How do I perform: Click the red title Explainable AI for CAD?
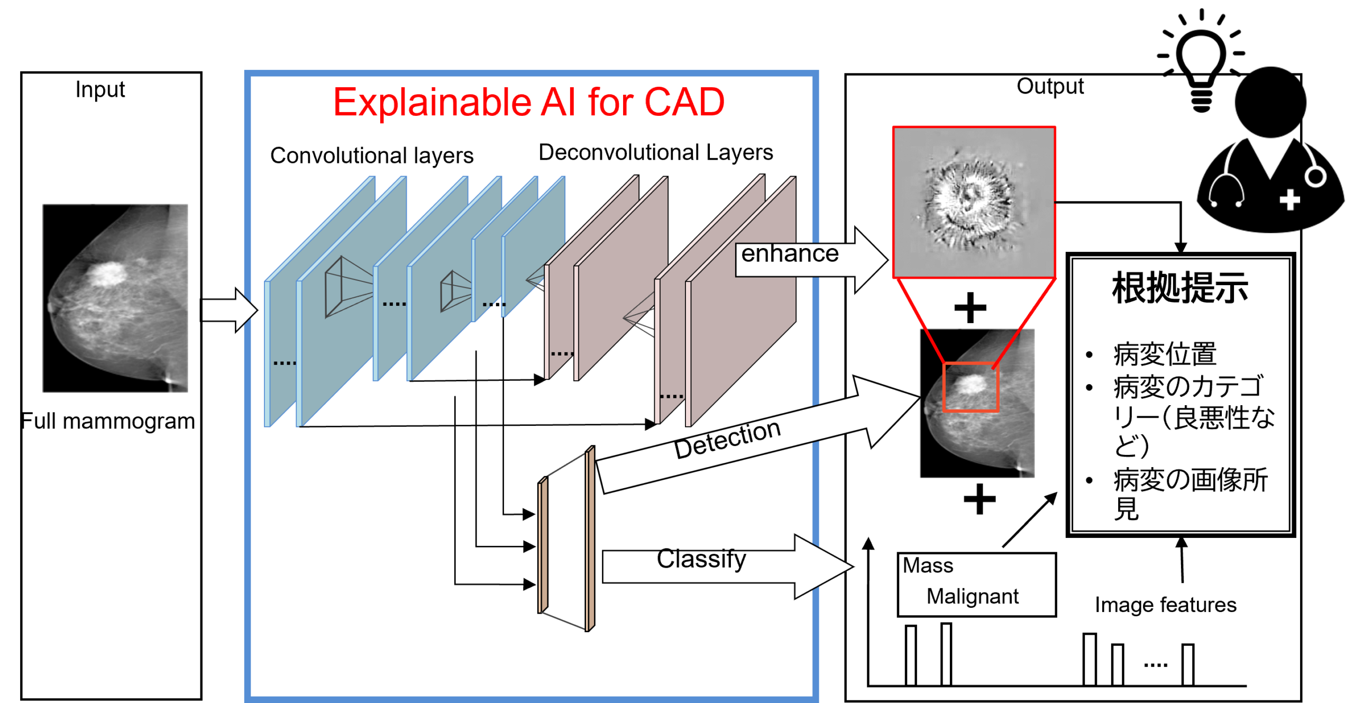click(528, 102)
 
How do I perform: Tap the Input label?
click(100, 89)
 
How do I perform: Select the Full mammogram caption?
click(108, 421)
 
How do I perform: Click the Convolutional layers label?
click(372, 156)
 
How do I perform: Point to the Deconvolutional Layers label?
click(656, 152)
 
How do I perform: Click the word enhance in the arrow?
click(790, 253)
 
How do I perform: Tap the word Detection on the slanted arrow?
click(727, 439)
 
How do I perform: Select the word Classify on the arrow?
click(701, 559)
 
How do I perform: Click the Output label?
click(1050, 86)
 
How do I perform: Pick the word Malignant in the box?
click(972, 596)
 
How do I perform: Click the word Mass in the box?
click(928, 565)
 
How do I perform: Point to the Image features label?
click(1165, 605)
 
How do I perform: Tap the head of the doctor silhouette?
click(1270, 102)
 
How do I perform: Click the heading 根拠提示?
click(1179, 288)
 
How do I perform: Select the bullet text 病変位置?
click(1165, 354)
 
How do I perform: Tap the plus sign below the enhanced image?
click(970, 307)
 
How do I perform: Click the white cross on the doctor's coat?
click(1289, 200)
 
